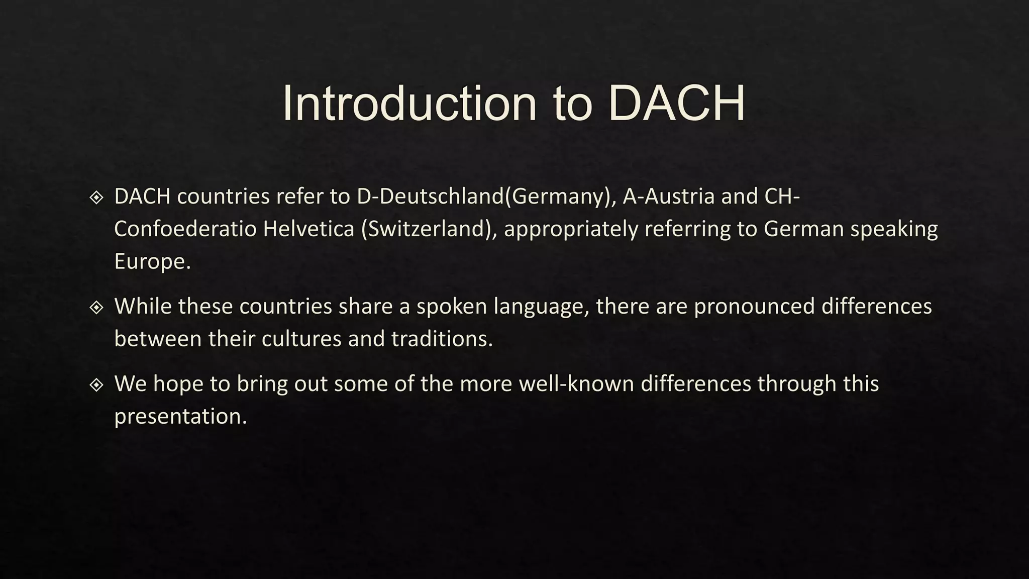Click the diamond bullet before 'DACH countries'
click(96, 198)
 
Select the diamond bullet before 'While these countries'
click(96, 307)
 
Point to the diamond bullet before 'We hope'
click(96, 385)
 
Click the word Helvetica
click(308, 229)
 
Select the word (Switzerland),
click(429, 229)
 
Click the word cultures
click(301, 339)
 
